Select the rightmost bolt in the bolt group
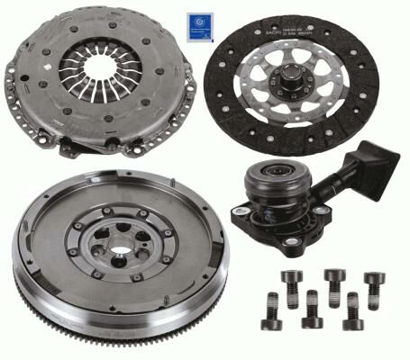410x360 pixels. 374,286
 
